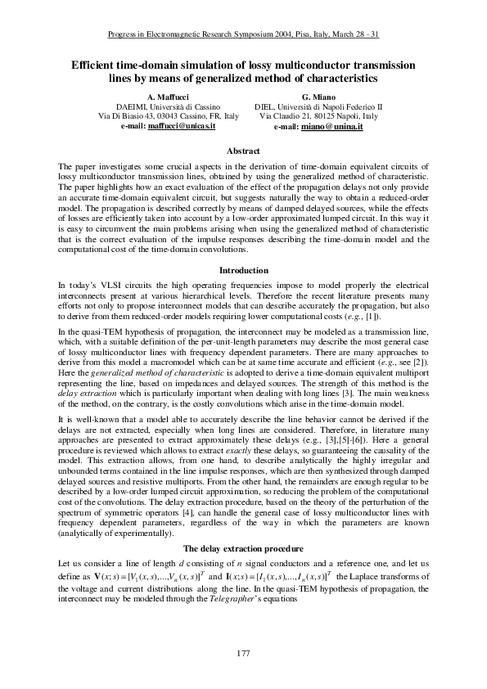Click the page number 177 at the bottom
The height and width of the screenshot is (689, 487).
(242, 652)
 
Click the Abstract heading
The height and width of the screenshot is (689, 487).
(242, 151)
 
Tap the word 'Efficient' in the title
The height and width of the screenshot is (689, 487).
(97, 64)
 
